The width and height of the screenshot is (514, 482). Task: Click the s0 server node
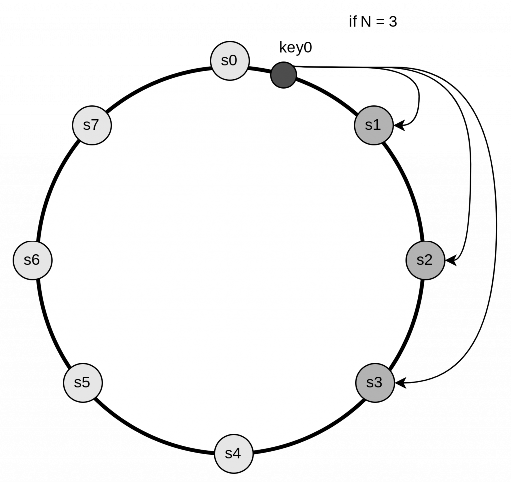pyautogui.click(x=229, y=61)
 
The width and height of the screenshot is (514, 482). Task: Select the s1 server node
pyautogui.click(x=373, y=125)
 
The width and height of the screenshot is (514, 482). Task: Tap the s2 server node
pyautogui.click(x=425, y=260)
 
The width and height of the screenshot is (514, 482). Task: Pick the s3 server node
pyautogui.click(x=375, y=383)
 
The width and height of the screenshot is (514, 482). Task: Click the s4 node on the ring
pyautogui.click(x=233, y=454)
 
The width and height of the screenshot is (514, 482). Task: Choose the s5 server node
pyautogui.click(x=82, y=383)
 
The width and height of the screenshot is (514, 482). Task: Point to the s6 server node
pyautogui.click(x=32, y=260)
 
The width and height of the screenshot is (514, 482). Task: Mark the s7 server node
pyautogui.click(x=91, y=125)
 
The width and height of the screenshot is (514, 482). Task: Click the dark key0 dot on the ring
pyautogui.click(x=283, y=75)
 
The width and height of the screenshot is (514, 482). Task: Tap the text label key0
pyautogui.click(x=296, y=48)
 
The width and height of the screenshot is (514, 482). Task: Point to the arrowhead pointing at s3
pyautogui.click(x=400, y=383)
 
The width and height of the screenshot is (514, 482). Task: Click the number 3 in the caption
pyautogui.click(x=393, y=22)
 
